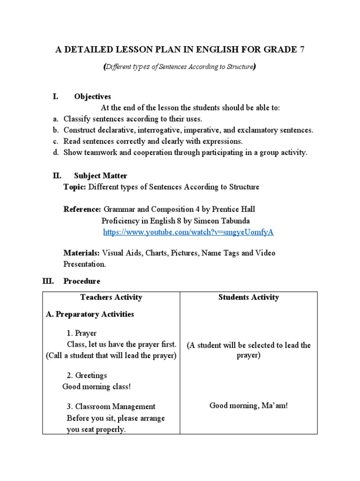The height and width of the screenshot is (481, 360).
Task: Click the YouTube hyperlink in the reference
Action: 188,232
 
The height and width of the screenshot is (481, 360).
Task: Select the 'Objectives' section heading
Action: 92,97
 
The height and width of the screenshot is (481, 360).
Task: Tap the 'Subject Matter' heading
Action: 100,176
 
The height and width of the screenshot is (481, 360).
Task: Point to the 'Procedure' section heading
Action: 82,281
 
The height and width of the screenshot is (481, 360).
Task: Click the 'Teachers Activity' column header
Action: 111,297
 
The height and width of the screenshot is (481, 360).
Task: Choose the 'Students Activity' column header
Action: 248,297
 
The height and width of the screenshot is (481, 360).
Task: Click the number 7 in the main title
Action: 302,50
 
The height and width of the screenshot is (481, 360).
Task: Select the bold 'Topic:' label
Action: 75,187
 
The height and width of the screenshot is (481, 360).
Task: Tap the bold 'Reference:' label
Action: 82,209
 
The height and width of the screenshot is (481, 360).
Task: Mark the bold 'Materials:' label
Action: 82,253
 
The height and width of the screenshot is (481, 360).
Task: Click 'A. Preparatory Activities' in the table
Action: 90,314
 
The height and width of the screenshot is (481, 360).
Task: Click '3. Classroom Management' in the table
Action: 111,406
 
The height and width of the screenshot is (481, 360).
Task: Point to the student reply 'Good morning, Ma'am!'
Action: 248,405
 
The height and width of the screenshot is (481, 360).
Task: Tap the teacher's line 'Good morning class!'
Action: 97,387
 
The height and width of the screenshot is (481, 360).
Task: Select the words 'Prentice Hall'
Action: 233,209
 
